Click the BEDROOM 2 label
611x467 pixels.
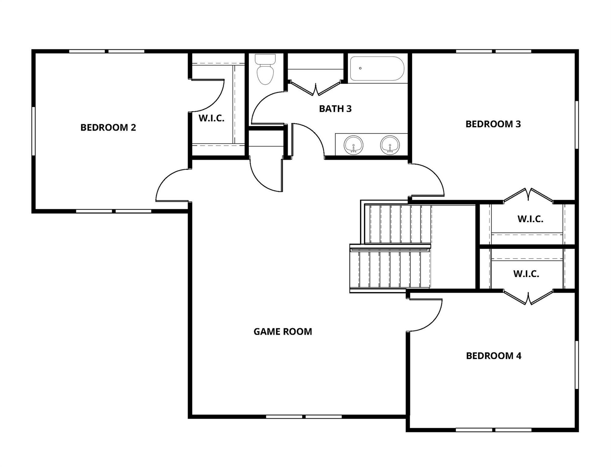coord(108,127)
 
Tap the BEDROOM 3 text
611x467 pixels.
coord(493,124)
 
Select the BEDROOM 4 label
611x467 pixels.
coord(494,356)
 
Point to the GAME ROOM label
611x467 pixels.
coord(283,331)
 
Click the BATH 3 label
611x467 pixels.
coord(335,109)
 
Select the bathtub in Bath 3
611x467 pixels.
coord(377,69)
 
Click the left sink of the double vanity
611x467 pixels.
coord(354,145)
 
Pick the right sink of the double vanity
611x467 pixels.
coord(390,145)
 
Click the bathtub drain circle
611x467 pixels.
coord(360,68)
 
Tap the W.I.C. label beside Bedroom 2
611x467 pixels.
coord(212,118)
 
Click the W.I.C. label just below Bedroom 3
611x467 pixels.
coord(530,219)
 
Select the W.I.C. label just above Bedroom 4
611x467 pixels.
coord(526,274)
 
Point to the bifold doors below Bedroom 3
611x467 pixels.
coord(528,195)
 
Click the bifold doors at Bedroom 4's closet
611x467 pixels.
coord(528,298)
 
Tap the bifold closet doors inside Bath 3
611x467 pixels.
coord(316,88)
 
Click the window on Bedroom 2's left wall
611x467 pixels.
coord(33,131)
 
